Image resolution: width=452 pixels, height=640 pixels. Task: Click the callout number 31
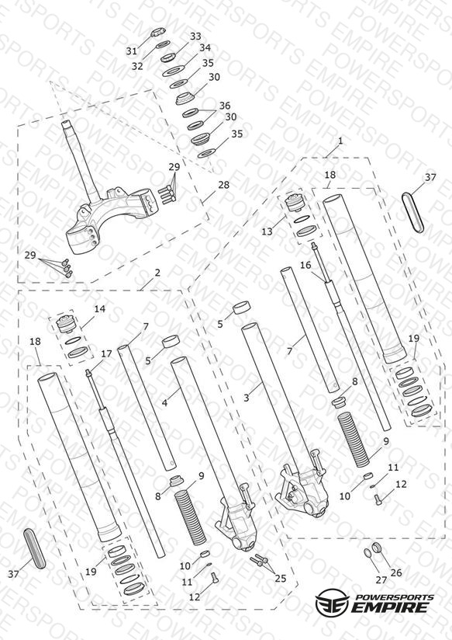click(x=131, y=51)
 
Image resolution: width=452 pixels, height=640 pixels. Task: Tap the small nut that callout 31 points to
click(x=157, y=32)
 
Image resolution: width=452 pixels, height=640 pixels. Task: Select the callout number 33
click(x=195, y=37)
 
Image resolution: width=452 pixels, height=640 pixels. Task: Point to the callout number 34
click(x=205, y=47)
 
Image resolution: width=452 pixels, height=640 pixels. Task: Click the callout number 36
click(x=225, y=106)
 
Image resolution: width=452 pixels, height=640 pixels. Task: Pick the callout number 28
click(x=223, y=185)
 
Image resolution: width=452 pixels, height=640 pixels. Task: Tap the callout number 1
click(x=340, y=141)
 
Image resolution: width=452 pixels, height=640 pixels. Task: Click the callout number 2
click(x=157, y=273)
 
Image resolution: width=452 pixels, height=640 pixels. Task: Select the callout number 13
click(x=267, y=231)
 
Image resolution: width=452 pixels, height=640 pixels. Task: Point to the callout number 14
click(x=100, y=309)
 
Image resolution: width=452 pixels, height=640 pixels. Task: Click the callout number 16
click(x=305, y=265)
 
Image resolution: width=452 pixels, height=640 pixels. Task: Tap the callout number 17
click(x=106, y=354)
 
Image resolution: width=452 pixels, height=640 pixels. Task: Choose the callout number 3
click(x=247, y=397)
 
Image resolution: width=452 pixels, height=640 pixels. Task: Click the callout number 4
click(x=164, y=403)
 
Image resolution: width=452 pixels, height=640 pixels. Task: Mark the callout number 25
click(x=281, y=579)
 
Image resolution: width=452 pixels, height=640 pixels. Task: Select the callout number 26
click(x=396, y=572)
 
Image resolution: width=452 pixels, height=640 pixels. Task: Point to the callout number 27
click(x=381, y=579)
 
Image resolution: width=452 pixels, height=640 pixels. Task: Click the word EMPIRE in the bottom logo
click(x=391, y=607)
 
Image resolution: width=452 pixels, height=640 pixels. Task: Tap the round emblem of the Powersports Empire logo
click(x=333, y=601)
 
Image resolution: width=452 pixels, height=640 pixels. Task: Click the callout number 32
click(x=137, y=66)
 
